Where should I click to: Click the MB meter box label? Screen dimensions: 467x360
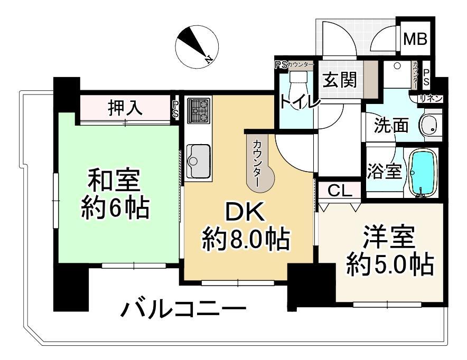tap(415, 39)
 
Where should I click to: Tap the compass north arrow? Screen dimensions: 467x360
tap(193, 43)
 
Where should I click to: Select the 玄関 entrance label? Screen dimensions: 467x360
tap(340, 80)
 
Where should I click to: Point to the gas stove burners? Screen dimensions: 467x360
tap(199, 110)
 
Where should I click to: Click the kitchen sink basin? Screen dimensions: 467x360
tap(198, 160)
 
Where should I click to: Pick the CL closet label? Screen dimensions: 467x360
tap(340, 191)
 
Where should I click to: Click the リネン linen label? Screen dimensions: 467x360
tap(431, 99)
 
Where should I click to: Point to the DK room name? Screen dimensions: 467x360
tap(246, 212)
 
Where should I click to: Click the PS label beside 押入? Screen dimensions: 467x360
tap(175, 109)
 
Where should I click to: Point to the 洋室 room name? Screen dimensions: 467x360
tap(389, 237)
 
